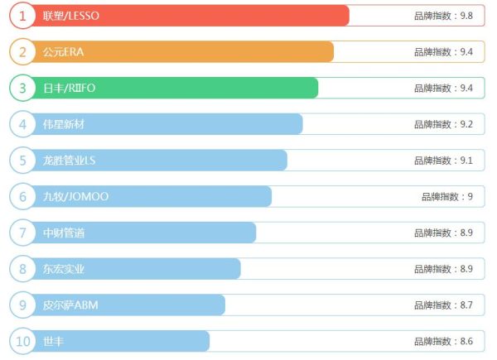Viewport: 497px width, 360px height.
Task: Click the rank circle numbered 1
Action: pyautogui.click(x=22, y=16)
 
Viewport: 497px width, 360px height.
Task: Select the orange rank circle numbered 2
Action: pyautogui.click(x=22, y=52)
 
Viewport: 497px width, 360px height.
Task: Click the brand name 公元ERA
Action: pyautogui.click(x=64, y=52)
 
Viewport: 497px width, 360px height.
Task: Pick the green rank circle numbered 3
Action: pyautogui.click(x=22, y=88)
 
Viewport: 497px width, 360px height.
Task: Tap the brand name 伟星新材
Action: pyautogui.click(x=64, y=124)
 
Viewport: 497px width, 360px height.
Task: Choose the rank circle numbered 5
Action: pyautogui.click(x=22, y=161)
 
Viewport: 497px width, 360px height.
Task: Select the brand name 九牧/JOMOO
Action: pyautogui.click(x=75, y=196)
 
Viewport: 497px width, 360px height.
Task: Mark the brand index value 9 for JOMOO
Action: pyautogui.click(x=447, y=196)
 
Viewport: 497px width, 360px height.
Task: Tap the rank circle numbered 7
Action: pyautogui.click(x=22, y=233)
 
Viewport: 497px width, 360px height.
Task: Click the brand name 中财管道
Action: pyautogui.click(x=64, y=233)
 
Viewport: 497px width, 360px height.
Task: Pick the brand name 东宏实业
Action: pyautogui.click(x=64, y=269)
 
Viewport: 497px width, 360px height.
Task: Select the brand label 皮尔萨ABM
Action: pyautogui.click(x=70, y=305)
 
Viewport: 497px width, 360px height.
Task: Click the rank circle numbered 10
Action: pyautogui.click(x=22, y=341)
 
